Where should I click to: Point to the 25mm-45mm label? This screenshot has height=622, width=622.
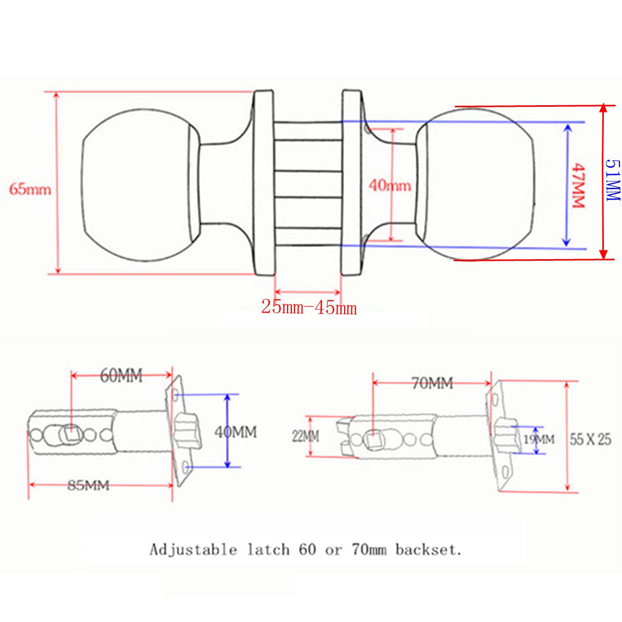(309, 307)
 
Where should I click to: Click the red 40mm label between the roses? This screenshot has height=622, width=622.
(390, 186)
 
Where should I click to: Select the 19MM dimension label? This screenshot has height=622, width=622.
(539, 440)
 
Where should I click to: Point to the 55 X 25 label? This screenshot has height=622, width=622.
(590, 440)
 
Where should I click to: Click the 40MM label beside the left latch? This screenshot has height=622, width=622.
(236, 432)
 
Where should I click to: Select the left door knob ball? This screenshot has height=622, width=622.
(139, 185)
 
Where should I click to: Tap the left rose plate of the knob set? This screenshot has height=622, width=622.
(263, 182)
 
